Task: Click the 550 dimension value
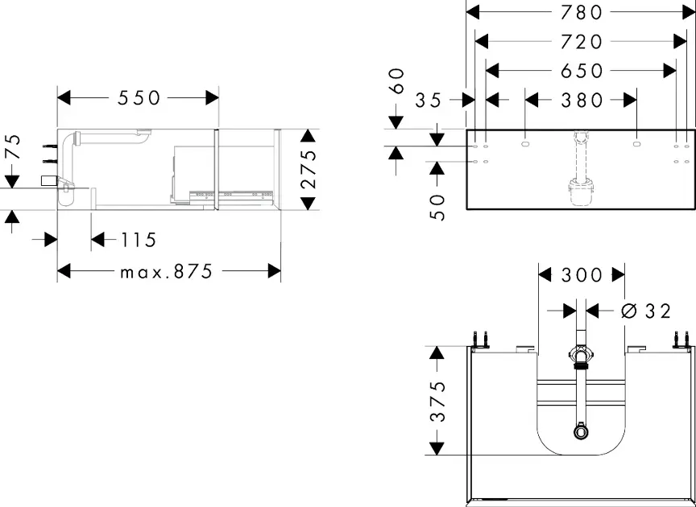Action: coord(139,98)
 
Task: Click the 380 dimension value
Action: coord(580,101)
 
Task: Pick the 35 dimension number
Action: coord(430,101)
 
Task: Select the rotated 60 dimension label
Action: coord(396,80)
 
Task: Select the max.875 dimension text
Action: coord(167,272)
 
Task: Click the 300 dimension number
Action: coord(581,275)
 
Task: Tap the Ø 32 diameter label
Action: coord(646,311)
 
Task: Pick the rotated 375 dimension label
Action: coord(437,401)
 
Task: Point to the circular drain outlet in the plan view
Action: coord(581,432)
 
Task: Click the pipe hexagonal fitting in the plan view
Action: coord(581,354)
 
